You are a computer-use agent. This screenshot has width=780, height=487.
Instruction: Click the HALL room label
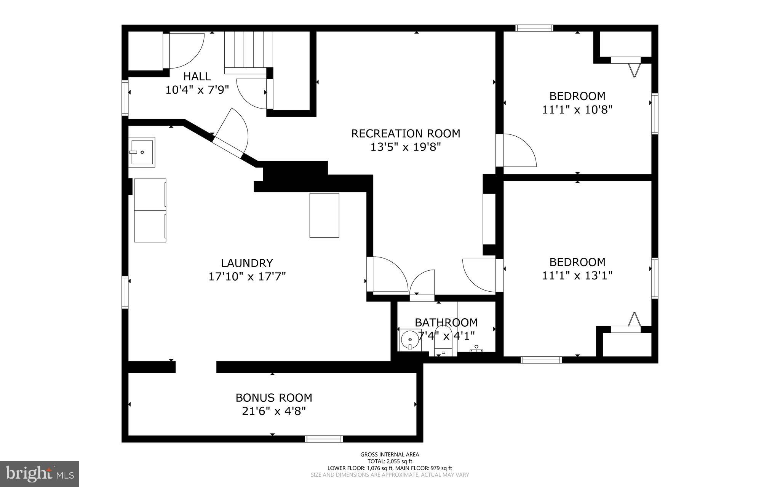click(x=197, y=77)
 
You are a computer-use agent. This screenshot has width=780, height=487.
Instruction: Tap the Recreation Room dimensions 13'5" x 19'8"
click(x=406, y=147)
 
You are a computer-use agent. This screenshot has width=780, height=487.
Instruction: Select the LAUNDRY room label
click(x=247, y=263)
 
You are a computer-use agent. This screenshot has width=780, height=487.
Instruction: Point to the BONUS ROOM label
click(x=274, y=398)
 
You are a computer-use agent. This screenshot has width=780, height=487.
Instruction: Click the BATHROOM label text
click(x=446, y=323)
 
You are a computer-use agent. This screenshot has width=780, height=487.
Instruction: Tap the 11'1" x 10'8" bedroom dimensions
click(x=577, y=110)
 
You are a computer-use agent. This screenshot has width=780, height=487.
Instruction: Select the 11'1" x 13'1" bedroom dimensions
click(x=577, y=275)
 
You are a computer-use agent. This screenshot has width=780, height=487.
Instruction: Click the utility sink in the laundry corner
click(x=141, y=152)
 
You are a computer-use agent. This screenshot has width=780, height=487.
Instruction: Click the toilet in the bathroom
click(x=443, y=341)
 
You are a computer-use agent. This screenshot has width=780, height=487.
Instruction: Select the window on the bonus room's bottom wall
click(x=324, y=439)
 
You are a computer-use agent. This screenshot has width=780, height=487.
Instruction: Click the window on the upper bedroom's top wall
click(x=534, y=28)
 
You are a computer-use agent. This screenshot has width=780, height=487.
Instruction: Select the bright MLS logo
click(x=40, y=474)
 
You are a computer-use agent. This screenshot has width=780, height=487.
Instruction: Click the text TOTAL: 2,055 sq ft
click(x=390, y=461)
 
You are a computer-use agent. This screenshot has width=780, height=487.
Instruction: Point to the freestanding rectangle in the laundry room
click(x=324, y=216)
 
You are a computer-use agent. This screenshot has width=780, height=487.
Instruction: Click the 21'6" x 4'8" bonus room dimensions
click(x=274, y=411)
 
